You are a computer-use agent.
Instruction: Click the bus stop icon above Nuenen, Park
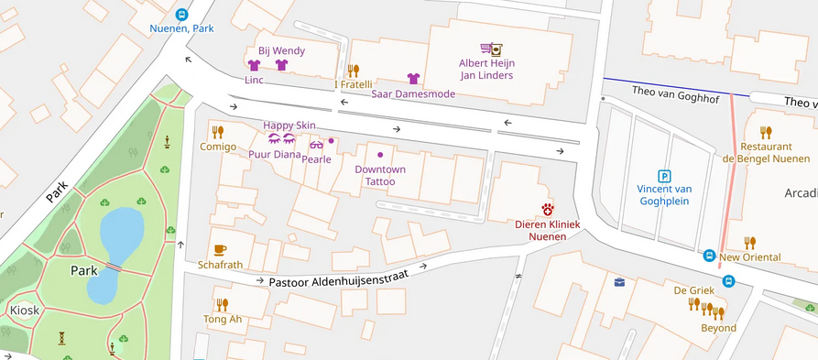(182, 15)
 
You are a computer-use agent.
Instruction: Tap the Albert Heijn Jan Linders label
(485, 70)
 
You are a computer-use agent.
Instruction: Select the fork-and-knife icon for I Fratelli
(354, 71)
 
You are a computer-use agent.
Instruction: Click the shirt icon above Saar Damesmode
(413, 80)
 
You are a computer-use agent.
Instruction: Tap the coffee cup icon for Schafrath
(220, 250)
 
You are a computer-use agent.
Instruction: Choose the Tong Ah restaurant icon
(222, 305)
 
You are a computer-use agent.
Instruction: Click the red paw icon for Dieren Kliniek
(548, 210)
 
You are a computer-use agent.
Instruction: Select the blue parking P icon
(664, 176)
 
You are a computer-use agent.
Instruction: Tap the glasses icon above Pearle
(316, 145)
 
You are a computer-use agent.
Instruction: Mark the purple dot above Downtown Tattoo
(380, 154)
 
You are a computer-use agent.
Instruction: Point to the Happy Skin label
(289, 125)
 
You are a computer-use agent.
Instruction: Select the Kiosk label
(25, 311)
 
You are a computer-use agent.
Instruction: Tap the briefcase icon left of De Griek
(619, 282)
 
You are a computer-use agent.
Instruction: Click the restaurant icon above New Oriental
(750, 243)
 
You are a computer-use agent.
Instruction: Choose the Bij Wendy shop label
(281, 50)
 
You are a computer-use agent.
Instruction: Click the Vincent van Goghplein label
(664, 194)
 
